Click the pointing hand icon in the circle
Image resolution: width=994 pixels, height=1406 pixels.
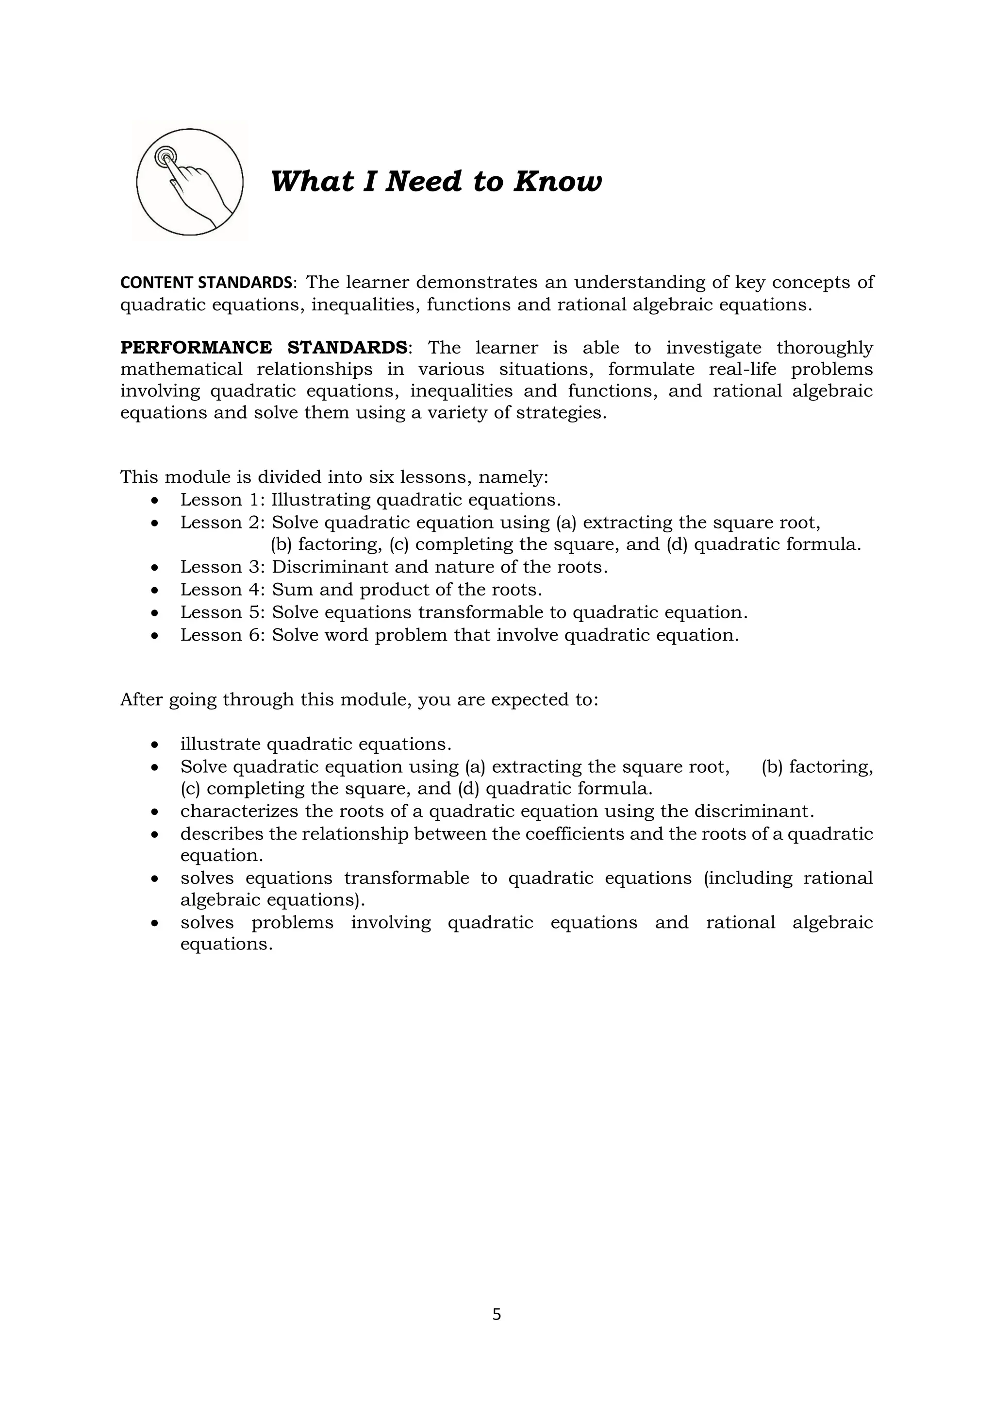click(190, 182)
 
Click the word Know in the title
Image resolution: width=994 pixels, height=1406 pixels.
click(557, 182)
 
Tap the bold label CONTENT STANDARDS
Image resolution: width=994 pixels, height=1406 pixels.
click(206, 283)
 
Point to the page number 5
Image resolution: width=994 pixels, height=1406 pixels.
click(497, 1315)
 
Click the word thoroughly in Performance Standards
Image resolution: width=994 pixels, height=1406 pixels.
click(825, 348)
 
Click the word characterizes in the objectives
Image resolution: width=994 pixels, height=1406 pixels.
click(239, 812)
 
